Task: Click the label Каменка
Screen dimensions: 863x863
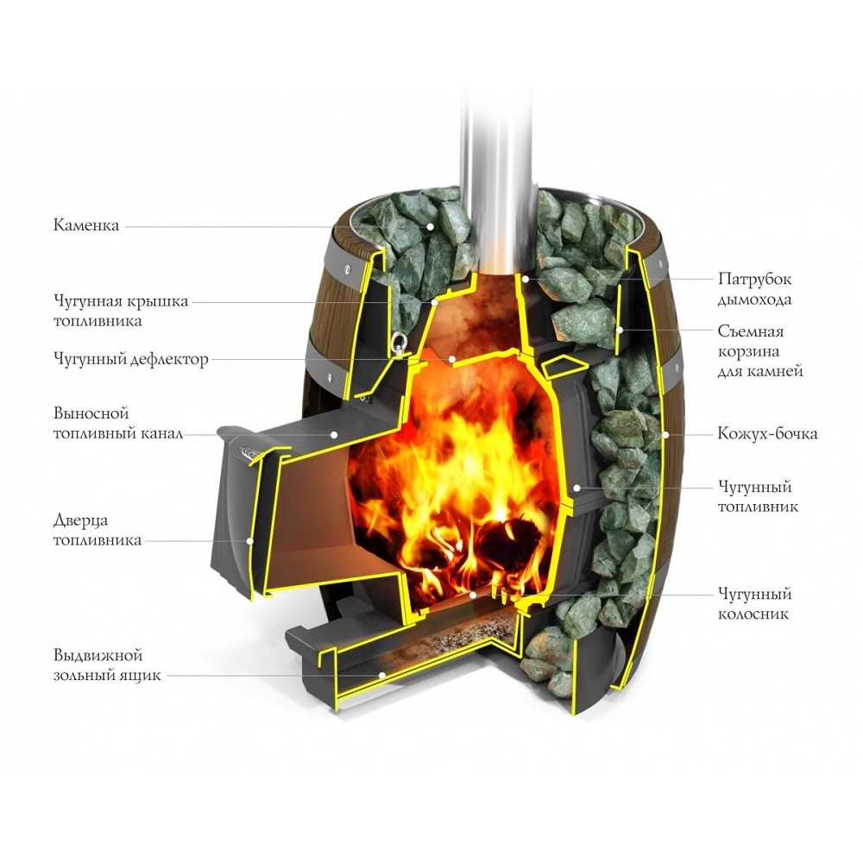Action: tap(87, 226)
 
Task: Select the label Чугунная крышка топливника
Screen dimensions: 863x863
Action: tap(120, 311)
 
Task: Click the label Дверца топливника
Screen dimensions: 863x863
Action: tap(97, 530)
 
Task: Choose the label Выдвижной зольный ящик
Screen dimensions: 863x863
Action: tap(107, 666)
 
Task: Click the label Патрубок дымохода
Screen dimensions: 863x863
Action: tap(754, 289)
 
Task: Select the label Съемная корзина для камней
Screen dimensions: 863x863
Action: tap(760, 351)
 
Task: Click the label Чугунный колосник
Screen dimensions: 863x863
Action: tap(754, 604)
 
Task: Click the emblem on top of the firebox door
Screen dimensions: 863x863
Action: tap(248, 448)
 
